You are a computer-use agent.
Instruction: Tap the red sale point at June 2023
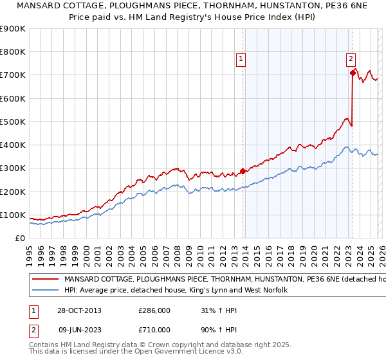(x=353, y=73)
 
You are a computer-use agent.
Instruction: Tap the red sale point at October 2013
(x=243, y=172)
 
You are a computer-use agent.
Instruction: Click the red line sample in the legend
(x=44, y=280)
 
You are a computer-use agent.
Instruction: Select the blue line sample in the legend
(x=44, y=291)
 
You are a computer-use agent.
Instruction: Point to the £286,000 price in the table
(x=154, y=310)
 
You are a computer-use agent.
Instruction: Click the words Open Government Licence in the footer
(x=175, y=352)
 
